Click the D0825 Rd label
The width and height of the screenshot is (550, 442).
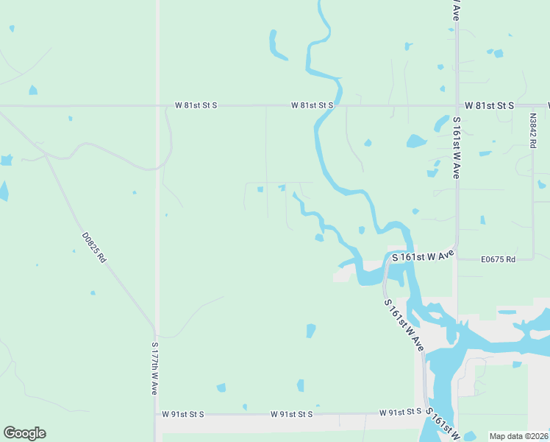click(95, 248)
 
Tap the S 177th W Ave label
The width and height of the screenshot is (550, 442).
click(155, 368)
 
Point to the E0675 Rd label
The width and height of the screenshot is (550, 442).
click(498, 259)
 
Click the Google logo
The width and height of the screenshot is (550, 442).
click(24, 433)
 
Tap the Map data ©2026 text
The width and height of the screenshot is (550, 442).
click(518, 436)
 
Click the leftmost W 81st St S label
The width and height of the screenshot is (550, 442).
click(196, 105)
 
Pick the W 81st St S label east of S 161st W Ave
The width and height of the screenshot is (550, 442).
click(494, 106)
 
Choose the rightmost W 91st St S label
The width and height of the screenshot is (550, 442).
click(401, 412)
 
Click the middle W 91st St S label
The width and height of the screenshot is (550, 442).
click(291, 415)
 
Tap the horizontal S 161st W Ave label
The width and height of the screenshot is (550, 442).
click(423, 256)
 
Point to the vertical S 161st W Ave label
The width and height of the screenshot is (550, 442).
click(457, 148)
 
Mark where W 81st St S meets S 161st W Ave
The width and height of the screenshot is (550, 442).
click(457, 105)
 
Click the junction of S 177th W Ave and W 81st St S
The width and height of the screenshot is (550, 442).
click(157, 105)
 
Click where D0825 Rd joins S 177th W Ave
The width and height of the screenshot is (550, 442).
click(155, 329)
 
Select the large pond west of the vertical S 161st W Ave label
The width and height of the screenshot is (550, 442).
click(416, 141)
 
